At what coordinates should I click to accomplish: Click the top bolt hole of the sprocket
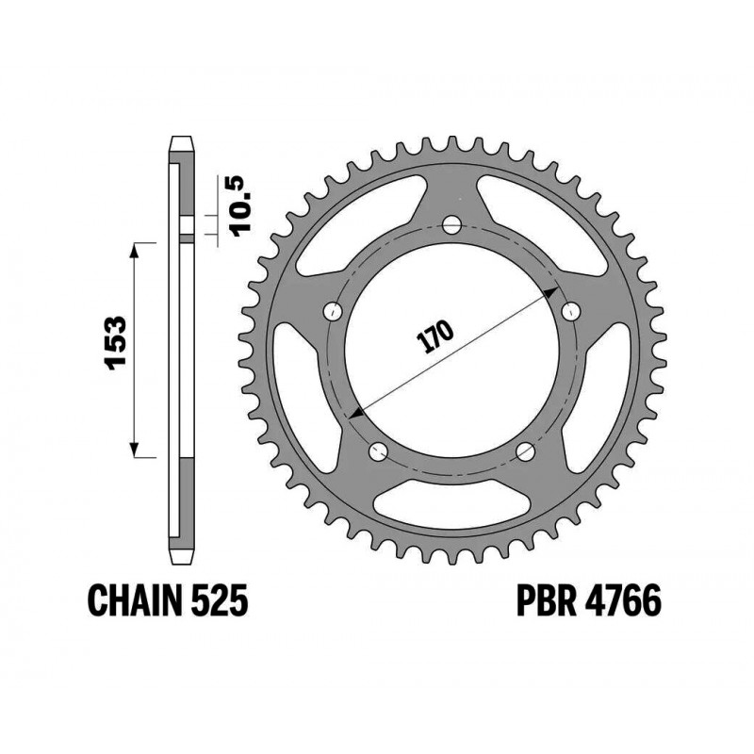click(451, 225)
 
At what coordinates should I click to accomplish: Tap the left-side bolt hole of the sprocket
click(332, 311)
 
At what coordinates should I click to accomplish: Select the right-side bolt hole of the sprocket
click(570, 310)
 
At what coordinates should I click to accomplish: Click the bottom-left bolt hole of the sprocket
click(378, 451)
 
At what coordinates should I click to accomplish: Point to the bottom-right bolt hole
click(525, 451)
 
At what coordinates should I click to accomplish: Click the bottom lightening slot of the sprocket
click(451, 501)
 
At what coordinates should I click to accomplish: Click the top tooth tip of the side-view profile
click(182, 140)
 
